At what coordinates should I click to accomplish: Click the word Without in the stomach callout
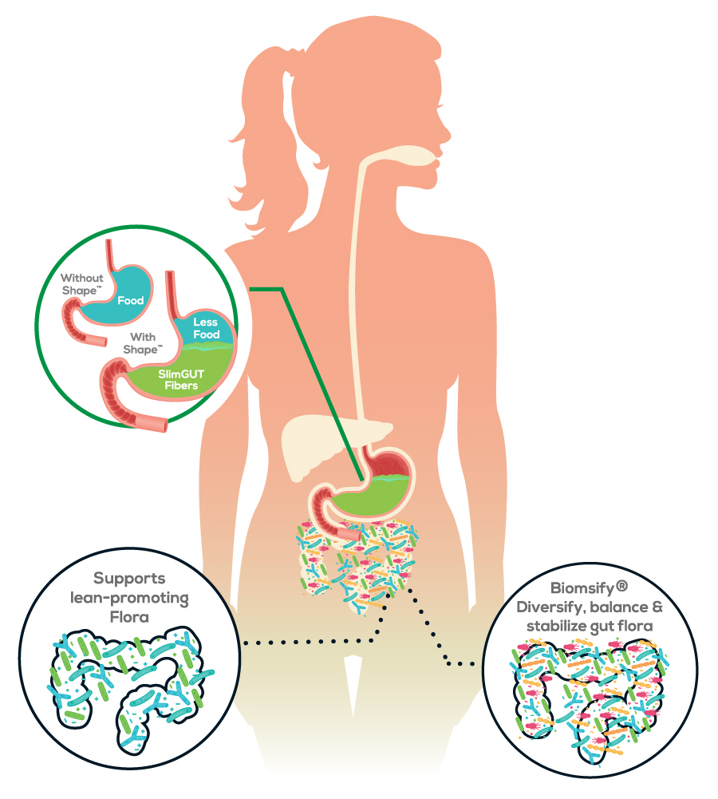(x=81, y=279)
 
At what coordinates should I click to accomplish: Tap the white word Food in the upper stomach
(x=130, y=301)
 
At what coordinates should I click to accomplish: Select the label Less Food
(x=206, y=328)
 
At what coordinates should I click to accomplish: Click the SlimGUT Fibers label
(x=181, y=380)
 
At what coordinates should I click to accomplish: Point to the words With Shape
(x=143, y=343)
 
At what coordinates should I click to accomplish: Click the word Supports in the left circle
(x=129, y=579)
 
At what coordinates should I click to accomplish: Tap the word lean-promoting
(x=129, y=598)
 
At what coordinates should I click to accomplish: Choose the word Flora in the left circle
(x=129, y=617)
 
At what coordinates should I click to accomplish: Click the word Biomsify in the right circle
(x=582, y=588)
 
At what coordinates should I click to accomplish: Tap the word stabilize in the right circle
(x=556, y=626)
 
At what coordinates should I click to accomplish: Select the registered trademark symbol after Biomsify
(x=621, y=587)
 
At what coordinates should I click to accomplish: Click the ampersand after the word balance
(x=657, y=607)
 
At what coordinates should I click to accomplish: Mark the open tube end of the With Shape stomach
(x=162, y=425)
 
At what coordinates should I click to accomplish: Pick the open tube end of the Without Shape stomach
(x=104, y=341)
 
